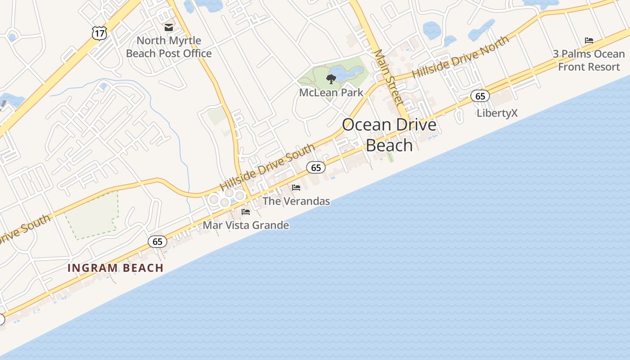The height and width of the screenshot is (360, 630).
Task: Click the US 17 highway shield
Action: pos(99,32)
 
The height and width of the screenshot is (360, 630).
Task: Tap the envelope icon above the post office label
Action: pos(169,27)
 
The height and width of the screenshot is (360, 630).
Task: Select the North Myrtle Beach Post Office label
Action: pos(169,47)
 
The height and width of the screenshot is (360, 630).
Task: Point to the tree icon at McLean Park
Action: pos(331,80)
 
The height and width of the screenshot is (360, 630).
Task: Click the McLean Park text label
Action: pos(331,93)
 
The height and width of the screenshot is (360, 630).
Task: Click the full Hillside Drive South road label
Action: pos(267,167)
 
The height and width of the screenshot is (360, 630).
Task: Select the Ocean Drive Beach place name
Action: pos(389,135)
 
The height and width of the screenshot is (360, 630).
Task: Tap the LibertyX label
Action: pos(497,113)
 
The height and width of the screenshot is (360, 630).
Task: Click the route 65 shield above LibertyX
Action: pos(480,96)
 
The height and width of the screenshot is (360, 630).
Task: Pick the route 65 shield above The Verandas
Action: pos(316,168)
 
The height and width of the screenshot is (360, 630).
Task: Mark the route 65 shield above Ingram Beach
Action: pos(157,242)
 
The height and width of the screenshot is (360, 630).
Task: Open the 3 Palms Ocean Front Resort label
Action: pos(589,60)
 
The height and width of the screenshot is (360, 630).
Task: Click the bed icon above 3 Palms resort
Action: pos(589,40)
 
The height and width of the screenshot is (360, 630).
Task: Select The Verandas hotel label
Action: pos(296,201)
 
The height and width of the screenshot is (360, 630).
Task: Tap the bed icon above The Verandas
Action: pos(296,187)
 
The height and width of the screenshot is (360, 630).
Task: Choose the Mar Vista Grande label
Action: pos(246,225)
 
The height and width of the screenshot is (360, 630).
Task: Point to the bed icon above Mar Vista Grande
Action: pos(246,211)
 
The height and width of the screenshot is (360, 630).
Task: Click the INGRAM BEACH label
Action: pos(115,268)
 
